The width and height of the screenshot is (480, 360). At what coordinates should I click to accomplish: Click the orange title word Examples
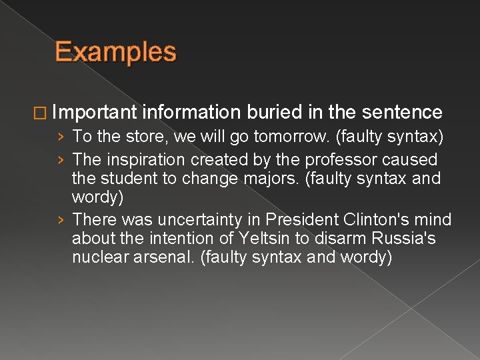(x=115, y=52)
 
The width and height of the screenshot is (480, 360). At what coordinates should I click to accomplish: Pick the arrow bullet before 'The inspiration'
(x=61, y=161)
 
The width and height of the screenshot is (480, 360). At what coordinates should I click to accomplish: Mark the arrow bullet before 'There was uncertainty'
(x=61, y=220)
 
